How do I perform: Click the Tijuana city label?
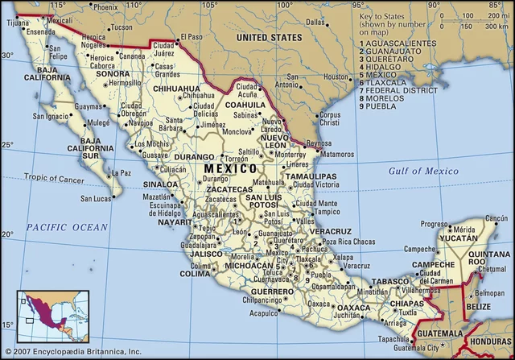coord(17,23)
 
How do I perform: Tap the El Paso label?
coord(192,36)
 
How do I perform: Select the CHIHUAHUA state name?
coord(176,88)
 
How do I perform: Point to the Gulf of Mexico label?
coord(423,171)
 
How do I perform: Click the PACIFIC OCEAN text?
coord(66,228)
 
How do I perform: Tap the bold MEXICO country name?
coord(231,168)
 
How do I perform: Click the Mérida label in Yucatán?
coord(464,230)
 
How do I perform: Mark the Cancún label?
coord(498,219)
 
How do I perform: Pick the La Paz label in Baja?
coord(121,172)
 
